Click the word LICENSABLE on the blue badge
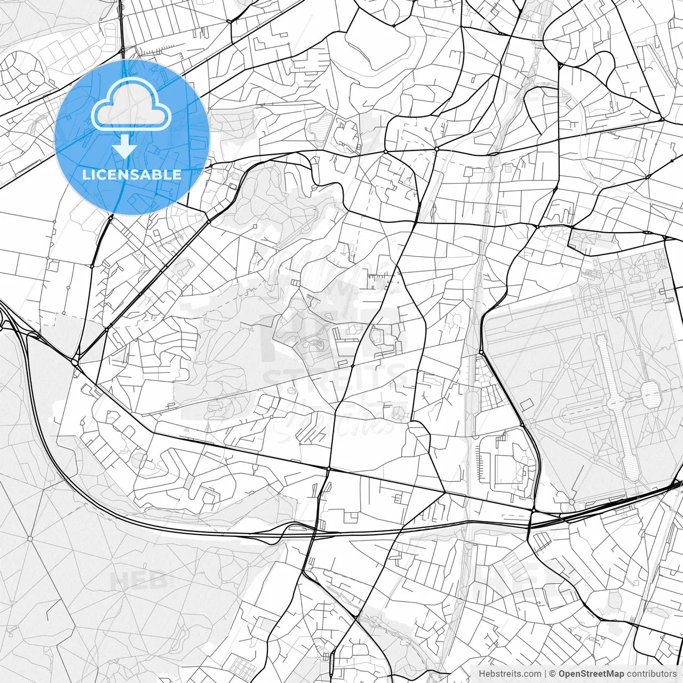coord(132,174)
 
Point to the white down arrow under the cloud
coord(124,146)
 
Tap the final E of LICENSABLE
coord(177,174)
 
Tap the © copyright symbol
coord(553,674)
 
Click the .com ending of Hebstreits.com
coord(532,674)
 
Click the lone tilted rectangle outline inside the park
coord(527,404)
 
